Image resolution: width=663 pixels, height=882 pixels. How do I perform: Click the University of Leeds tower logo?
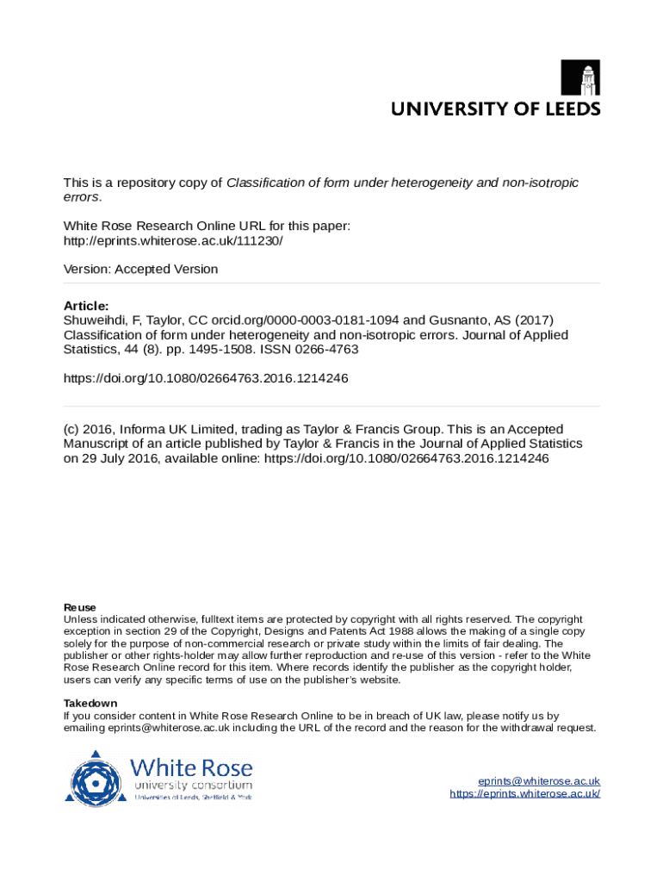tap(580, 78)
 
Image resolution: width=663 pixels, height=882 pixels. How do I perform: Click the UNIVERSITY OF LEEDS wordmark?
tap(496, 109)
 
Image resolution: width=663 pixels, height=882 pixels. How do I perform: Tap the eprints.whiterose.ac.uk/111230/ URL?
tap(173, 240)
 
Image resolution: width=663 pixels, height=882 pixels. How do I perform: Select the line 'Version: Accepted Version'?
tap(141, 269)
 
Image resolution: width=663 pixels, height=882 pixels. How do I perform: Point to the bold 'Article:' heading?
tap(86, 306)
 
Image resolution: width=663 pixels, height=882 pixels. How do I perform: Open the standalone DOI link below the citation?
tap(206, 378)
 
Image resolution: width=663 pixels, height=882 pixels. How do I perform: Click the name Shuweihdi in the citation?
tap(93, 320)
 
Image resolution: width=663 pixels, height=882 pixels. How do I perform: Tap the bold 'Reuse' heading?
tap(80, 607)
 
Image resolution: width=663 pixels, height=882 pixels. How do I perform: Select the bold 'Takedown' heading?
tap(90, 703)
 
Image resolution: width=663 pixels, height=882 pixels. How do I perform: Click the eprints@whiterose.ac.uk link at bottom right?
tap(539, 780)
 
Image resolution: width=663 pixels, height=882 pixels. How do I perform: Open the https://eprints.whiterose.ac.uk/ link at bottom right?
tap(524, 793)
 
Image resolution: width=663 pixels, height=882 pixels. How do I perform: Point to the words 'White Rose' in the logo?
tap(191, 767)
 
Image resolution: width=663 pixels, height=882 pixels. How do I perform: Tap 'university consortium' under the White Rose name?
tap(192, 786)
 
